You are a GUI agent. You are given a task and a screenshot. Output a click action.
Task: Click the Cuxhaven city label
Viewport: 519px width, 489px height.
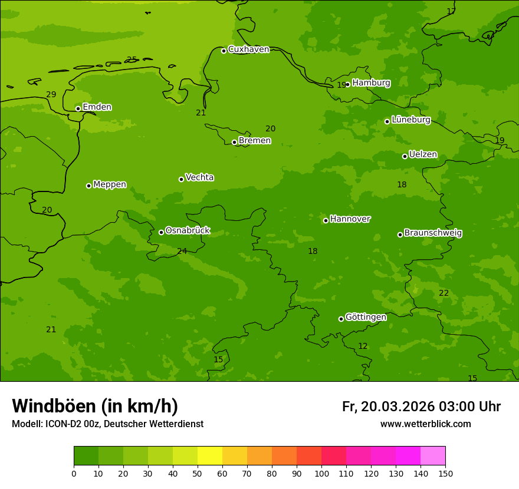click(248, 49)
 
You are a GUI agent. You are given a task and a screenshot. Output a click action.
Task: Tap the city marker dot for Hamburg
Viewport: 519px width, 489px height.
click(347, 84)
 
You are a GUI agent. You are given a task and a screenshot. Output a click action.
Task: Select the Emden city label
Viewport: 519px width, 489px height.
click(97, 107)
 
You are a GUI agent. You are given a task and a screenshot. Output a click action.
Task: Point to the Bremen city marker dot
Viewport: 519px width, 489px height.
click(234, 142)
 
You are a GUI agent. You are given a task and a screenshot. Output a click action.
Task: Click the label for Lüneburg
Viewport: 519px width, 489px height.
click(411, 120)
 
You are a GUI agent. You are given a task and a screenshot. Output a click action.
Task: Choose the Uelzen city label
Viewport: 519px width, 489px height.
click(423, 155)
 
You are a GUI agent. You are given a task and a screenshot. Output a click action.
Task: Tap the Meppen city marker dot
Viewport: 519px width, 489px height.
click(88, 186)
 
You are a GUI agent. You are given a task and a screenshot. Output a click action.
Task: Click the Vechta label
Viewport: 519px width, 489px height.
click(199, 178)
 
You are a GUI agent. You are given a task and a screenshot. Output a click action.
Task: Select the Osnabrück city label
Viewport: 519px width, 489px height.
click(188, 231)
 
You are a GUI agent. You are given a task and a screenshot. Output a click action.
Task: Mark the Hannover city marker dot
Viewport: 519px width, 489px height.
click(326, 220)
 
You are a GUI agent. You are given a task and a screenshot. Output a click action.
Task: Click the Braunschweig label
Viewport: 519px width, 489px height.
click(433, 233)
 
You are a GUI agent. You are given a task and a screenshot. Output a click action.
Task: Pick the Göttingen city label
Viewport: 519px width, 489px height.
click(366, 318)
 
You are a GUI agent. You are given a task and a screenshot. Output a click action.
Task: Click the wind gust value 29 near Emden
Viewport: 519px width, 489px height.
click(51, 95)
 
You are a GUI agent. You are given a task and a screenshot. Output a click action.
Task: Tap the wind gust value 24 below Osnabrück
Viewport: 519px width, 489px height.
click(182, 252)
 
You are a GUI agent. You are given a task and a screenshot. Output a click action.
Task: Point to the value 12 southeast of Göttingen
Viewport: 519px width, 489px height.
click(363, 346)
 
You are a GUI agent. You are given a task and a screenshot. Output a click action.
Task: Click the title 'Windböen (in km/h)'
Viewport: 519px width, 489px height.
click(95, 406)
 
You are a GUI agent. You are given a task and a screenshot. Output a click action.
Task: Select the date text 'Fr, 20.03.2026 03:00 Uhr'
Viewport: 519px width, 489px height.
click(421, 407)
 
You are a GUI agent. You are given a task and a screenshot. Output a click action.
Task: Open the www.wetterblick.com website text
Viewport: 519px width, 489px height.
click(425, 424)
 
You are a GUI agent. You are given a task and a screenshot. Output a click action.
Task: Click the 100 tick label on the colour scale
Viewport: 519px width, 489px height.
click(321, 473)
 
